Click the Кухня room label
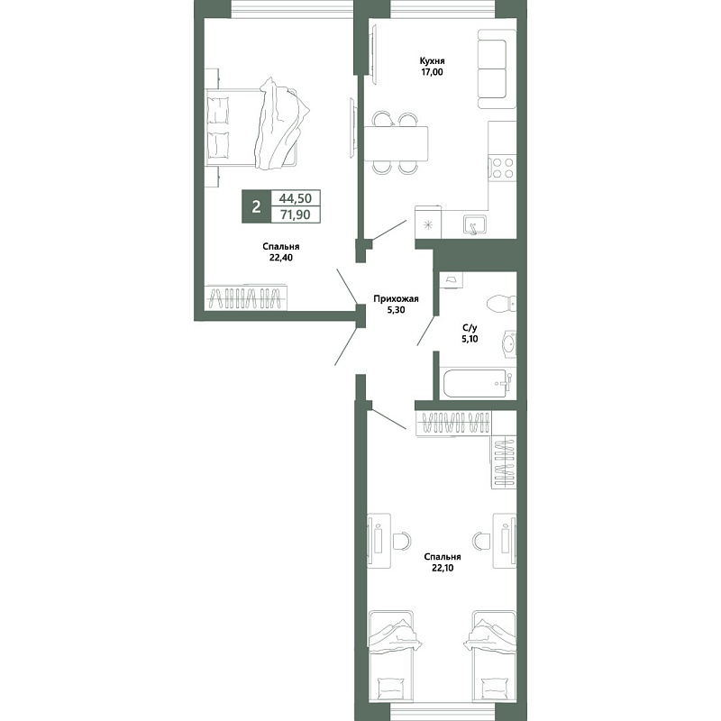click(432, 60)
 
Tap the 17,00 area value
click(432, 72)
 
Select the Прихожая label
click(396, 299)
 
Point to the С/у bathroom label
click(470, 328)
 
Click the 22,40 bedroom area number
click(281, 258)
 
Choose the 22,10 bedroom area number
click(443, 568)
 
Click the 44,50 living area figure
click(296, 198)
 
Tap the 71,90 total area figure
click(296, 214)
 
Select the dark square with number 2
click(256, 206)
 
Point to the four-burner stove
click(502, 168)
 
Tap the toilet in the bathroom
click(501, 304)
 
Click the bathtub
click(478, 382)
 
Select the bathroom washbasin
click(509, 343)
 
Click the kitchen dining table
click(396, 143)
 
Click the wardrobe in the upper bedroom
click(246, 297)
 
